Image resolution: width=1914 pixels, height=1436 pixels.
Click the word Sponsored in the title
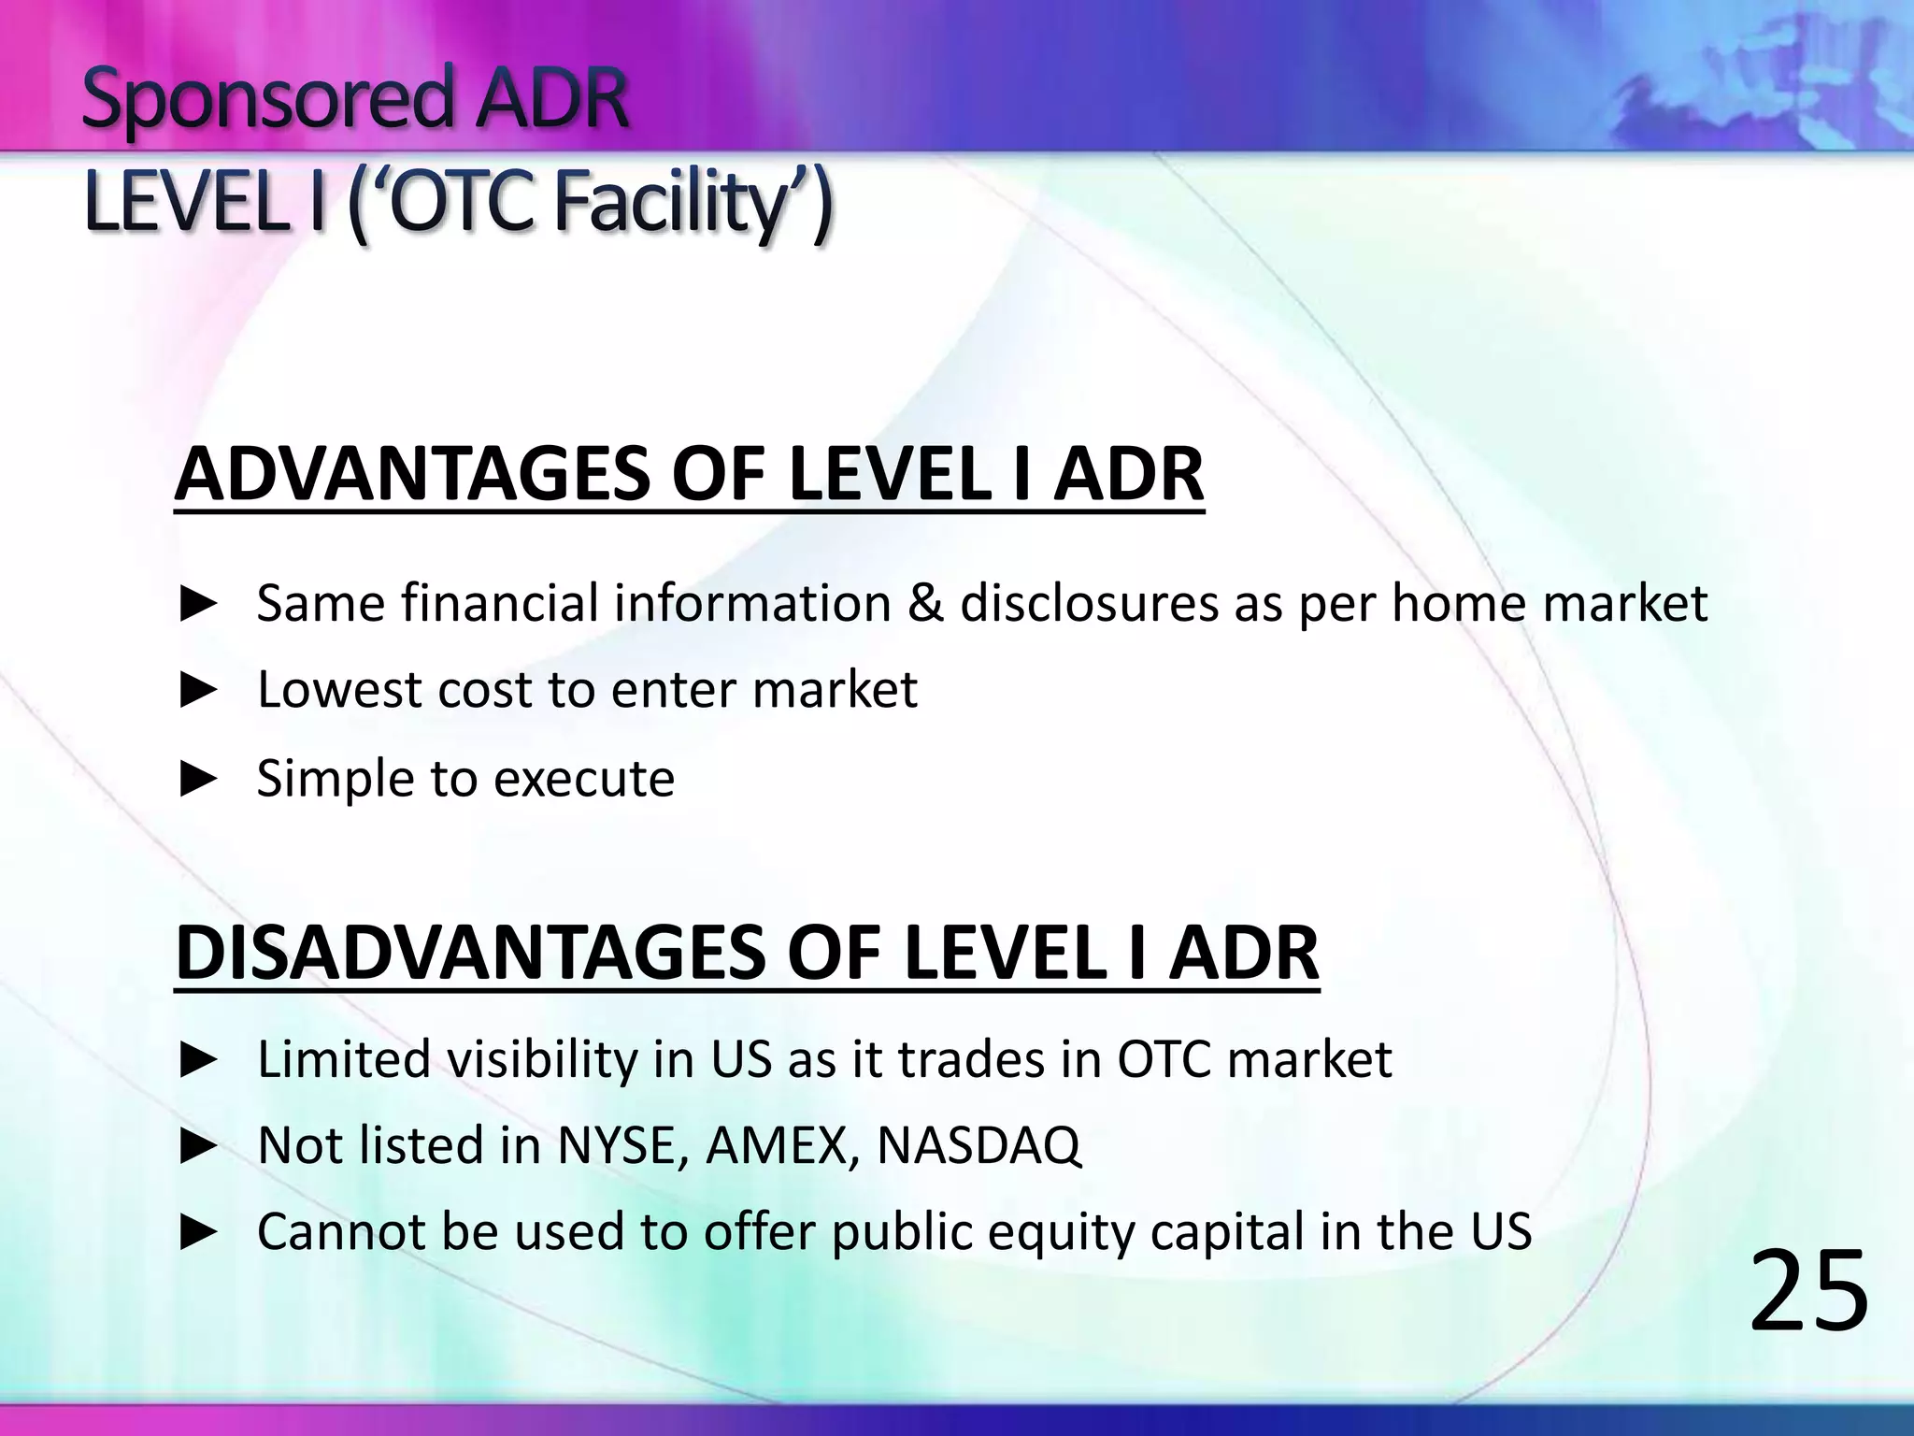point(266,101)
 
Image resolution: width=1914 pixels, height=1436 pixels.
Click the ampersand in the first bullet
point(925,603)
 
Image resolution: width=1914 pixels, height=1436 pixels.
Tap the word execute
point(583,779)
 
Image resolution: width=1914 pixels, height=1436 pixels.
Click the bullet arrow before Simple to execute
point(198,779)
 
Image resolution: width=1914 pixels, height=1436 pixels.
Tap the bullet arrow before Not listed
point(198,1146)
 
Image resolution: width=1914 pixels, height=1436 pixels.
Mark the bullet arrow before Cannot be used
point(198,1233)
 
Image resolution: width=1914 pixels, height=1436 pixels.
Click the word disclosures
point(1089,603)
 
